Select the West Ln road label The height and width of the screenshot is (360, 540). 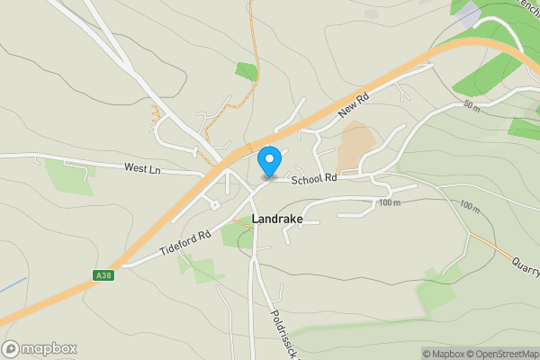pyautogui.click(x=142, y=167)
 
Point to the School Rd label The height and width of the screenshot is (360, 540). pyautogui.click(x=313, y=179)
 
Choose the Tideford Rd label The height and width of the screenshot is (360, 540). pyautogui.click(x=185, y=243)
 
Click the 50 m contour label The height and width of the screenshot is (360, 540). pyautogui.click(x=472, y=105)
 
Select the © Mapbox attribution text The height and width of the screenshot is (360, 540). pyautogui.click(x=442, y=354)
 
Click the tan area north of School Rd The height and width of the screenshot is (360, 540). pyautogui.click(x=358, y=141)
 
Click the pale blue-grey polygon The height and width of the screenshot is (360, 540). pyautogui.click(x=468, y=13)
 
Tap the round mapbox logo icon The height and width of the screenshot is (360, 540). pyautogui.click(x=11, y=349)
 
